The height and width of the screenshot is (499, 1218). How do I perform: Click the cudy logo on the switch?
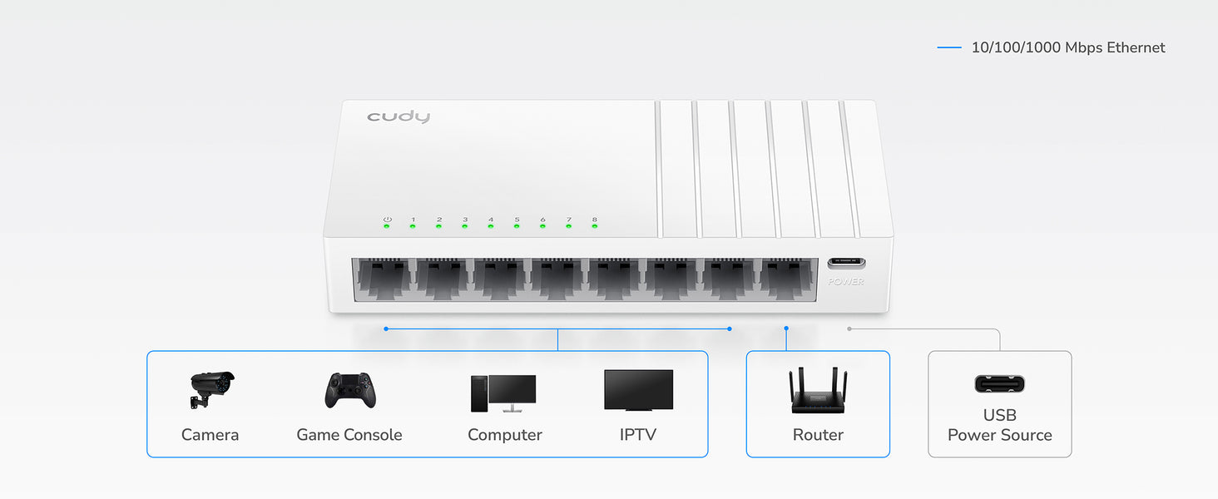coord(399,116)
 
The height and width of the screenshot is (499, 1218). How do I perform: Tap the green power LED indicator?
coord(387,226)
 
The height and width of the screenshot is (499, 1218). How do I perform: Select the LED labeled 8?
coord(594,226)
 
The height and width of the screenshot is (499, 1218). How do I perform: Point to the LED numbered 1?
coord(413,226)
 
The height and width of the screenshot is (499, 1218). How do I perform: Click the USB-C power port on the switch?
coord(846,264)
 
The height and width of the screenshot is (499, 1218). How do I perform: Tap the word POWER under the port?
coord(846,282)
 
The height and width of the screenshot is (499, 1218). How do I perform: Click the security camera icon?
coord(210,389)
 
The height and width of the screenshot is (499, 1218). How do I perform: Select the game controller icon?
coord(349,390)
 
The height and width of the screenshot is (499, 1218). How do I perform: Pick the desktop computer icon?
coord(503,393)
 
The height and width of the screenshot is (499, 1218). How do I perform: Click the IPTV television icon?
coord(638,390)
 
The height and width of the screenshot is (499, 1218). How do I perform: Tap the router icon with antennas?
coord(818,391)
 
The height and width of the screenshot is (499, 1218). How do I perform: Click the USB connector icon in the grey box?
coord(999,384)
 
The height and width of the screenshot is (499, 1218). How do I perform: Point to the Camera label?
coord(210,435)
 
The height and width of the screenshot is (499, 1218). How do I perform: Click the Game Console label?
coord(349,435)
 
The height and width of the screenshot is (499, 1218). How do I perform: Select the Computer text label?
coord(504,435)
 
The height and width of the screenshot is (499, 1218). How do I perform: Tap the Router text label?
coord(818,435)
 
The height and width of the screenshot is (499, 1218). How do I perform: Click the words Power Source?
coord(999,435)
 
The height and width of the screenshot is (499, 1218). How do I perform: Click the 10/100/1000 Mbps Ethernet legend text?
coord(1068,48)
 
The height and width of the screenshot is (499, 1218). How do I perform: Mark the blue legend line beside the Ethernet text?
coord(949,48)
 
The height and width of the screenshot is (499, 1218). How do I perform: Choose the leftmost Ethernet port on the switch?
coord(383,279)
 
